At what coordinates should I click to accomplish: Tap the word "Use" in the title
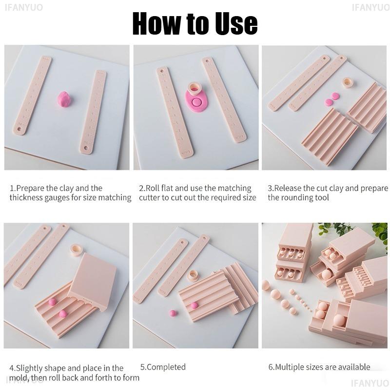coord(231,23)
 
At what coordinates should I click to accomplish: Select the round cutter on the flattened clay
coord(194,88)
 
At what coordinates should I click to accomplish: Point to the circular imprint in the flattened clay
coord(196,103)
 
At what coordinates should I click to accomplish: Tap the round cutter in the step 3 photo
coord(348,82)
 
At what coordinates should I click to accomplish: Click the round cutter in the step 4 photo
coord(77,250)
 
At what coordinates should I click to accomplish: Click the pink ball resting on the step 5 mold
coord(194,305)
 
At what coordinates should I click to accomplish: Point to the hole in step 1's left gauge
coord(20,130)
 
